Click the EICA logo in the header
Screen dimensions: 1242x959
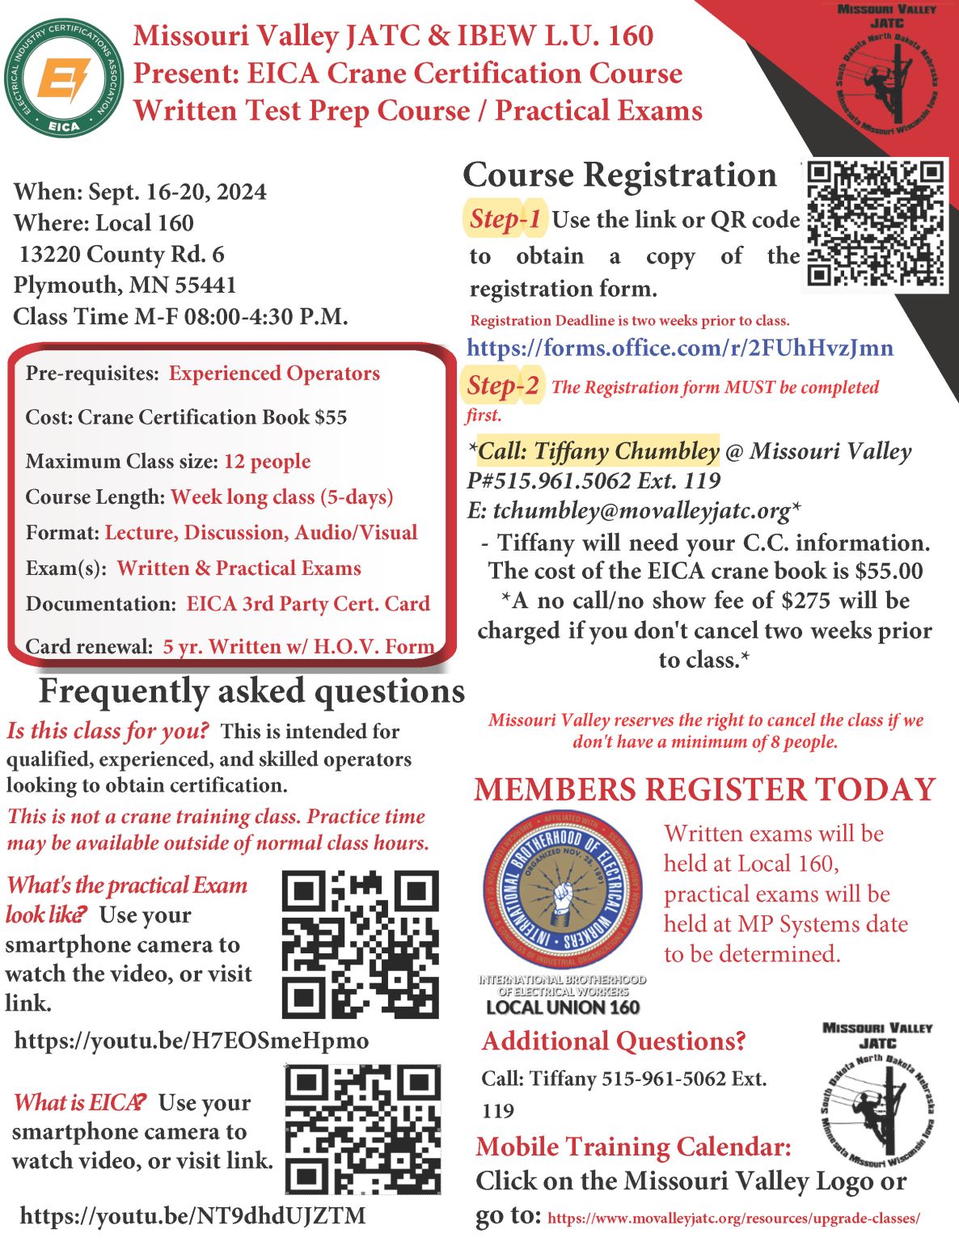(x=63, y=78)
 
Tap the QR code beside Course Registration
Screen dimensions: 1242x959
(x=877, y=224)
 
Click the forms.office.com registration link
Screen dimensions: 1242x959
(x=680, y=348)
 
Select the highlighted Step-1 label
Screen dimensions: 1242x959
(x=505, y=219)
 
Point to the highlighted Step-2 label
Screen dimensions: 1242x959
(x=503, y=386)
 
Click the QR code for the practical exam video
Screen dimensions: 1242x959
(x=361, y=944)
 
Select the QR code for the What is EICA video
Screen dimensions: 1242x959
(x=363, y=1130)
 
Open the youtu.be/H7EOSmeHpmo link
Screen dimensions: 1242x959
(x=192, y=1040)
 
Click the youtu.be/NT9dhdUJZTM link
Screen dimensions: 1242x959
(x=192, y=1215)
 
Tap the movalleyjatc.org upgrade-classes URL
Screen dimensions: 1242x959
(x=733, y=1218)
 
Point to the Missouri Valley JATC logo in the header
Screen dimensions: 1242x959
(x=886, y=74)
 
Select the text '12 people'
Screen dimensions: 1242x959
(x=267, y=461)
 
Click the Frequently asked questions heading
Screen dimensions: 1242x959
(x=251, y=691)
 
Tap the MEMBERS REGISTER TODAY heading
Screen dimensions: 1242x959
(x=704, y=789)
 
